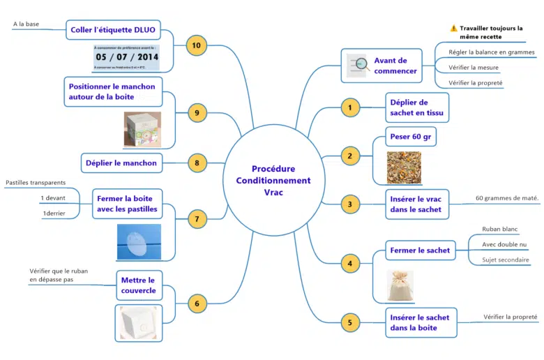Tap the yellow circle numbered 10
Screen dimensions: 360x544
click(196, 45)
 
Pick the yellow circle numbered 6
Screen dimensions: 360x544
click(197, 303)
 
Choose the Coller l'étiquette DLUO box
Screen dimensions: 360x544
click(112, 30)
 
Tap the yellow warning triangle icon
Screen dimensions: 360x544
click(453, 29)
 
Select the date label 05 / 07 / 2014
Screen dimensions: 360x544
click(127, 57)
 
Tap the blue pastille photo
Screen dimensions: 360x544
click(137, 242)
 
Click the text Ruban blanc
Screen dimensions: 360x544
click(499, 228)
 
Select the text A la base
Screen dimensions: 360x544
click(26, 24)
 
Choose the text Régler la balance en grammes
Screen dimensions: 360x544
click(487, 52)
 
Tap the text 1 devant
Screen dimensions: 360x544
click(53, 197)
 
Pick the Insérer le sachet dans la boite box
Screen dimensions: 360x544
click(419, 322)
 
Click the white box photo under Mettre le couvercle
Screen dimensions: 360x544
click(139, 323)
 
